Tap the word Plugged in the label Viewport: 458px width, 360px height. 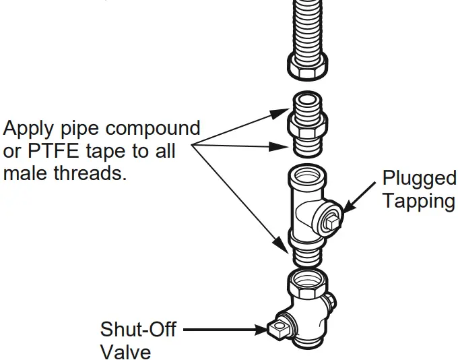tap(419, 179)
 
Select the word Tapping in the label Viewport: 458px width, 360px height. tap(418, 201)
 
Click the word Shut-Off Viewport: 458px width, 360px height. tap(138, 330)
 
